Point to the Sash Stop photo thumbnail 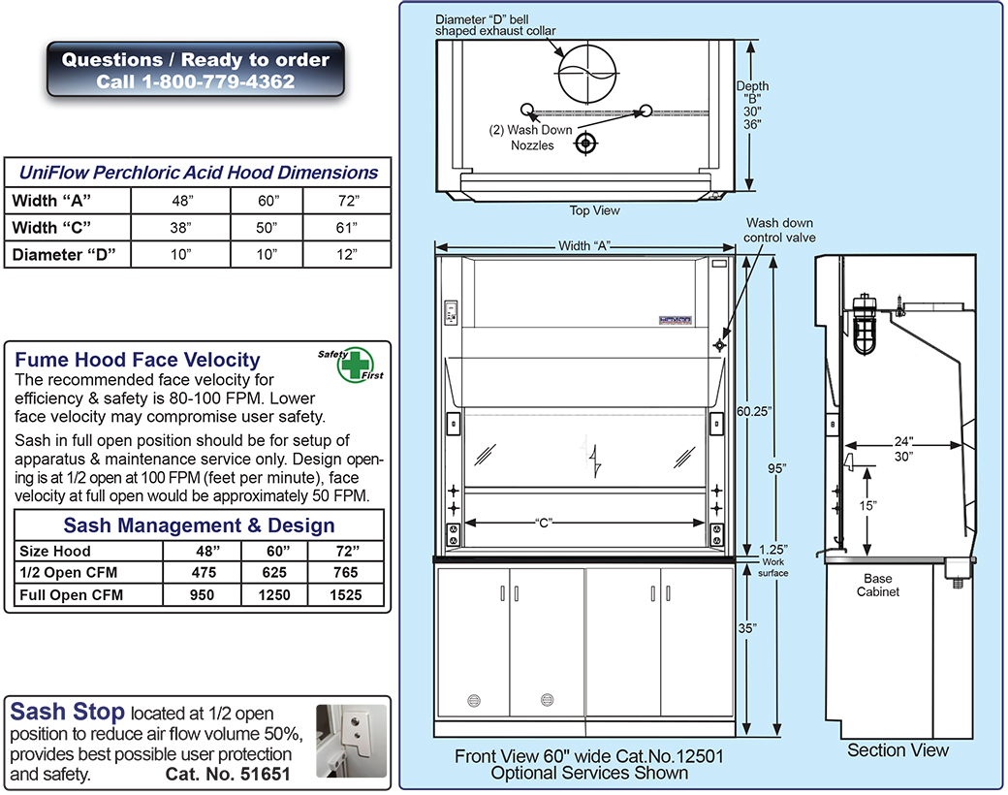[351, 741]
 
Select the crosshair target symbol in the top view [584, 144]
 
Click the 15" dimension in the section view [867, 506]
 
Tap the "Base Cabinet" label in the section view [877, 585]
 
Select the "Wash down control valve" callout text [780, 230]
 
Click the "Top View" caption [595, 210]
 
